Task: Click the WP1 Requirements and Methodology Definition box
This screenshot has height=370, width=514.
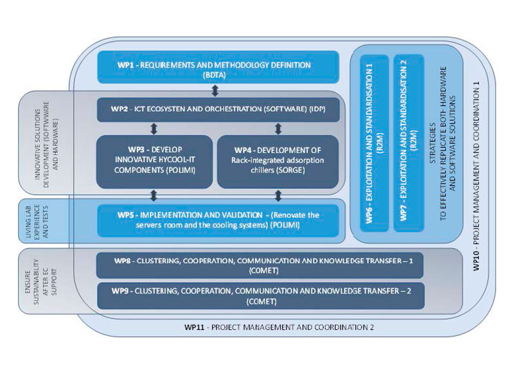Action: [x=218, y=67]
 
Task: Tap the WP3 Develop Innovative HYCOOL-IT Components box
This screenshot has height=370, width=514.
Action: [x=154, y=160]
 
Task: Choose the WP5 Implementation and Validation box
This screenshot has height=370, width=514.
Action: [x=218, y=220]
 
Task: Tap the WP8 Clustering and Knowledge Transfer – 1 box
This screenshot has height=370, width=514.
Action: [x=259, y=266]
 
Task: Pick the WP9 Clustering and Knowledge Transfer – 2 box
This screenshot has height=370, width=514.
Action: [x=259, y=296]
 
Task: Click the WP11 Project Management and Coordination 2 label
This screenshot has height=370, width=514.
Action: [x=278, y=327]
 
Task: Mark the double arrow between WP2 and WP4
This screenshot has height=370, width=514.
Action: [x=278, y=128]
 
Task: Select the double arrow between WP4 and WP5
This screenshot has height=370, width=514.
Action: [x=278, y=195]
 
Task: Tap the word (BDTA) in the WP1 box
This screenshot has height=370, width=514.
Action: [x=218, y=75]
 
